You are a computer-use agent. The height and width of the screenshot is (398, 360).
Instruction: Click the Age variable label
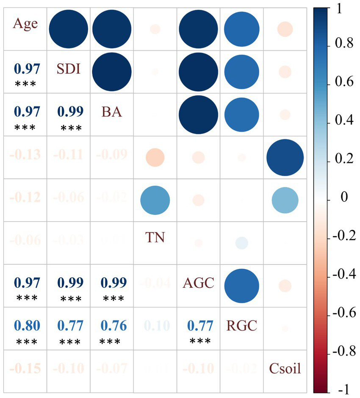pyautogui.click(x=25, y=23)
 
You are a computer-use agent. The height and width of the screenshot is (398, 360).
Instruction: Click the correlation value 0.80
pyautogui.click(x=27, y=326)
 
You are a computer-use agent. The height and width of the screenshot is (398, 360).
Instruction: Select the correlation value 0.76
pyautogui.click(x=113, y=326)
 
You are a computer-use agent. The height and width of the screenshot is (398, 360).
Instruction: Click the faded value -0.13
pyautogui.click(x=27, y=155)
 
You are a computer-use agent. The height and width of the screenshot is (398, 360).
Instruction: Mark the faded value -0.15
pyautogui.click(x=27, y=368)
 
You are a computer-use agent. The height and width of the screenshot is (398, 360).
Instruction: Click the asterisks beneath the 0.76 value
pyautogui.click(x=113, y=341)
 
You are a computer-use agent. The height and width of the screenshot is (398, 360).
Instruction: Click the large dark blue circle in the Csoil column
pyautogui.click(x=285, y=157)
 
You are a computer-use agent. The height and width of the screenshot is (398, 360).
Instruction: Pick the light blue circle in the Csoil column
pyautogui.click(x=285, y=200)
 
